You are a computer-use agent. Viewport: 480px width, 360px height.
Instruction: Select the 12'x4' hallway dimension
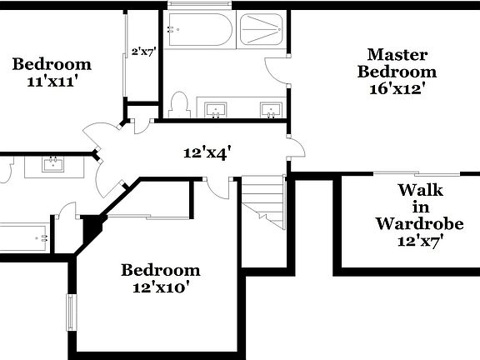coord(207,152)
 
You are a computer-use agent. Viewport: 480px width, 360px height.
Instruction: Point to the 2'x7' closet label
coord(143,52)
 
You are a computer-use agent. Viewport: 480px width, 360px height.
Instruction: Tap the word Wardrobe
coord(407,223)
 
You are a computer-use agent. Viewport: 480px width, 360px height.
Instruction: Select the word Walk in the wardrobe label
coord(407,189)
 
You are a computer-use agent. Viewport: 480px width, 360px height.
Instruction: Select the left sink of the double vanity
coord(216,108)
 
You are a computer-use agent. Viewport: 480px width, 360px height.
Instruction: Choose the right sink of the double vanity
coord(268,108)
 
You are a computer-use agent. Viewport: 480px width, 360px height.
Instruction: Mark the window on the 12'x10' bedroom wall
coord(72,312)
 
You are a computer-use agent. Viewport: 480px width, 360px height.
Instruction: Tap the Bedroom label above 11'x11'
coord(52,63)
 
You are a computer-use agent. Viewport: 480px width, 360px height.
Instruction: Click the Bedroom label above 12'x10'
coord(161,270)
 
